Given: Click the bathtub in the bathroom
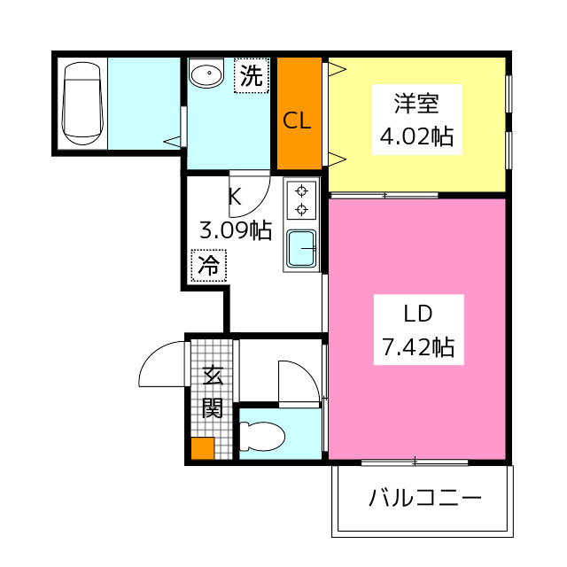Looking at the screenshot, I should [83, 103].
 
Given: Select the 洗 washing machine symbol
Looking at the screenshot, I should [251, 75].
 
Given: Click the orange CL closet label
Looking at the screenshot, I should [298, 121].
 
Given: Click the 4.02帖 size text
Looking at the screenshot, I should [416, 136].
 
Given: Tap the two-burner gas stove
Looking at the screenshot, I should [302, 199].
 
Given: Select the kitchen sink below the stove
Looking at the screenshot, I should [302, 249].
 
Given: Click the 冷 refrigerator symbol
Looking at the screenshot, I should [209, 264].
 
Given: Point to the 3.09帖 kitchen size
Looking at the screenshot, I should [235, 231].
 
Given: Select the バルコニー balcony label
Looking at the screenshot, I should [424, 497].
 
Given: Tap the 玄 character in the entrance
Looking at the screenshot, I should [213, 376].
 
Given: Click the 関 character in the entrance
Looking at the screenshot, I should [213, 408].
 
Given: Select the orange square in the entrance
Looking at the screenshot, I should [203, 448].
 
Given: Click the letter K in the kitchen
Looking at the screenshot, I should [235, 197].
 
